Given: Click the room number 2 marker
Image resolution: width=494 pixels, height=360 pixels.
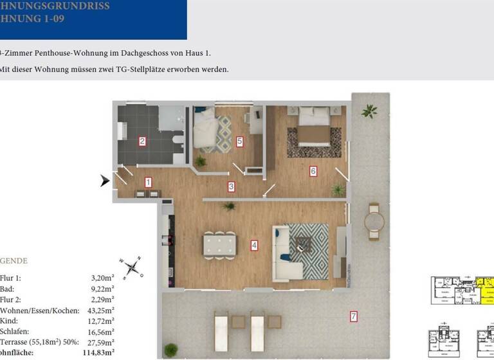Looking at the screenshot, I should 143,141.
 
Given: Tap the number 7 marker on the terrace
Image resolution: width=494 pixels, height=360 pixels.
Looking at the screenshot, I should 352,316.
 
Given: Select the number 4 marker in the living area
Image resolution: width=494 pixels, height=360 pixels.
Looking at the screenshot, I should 255,245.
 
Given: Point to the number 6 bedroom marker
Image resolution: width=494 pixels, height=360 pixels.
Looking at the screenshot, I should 313,171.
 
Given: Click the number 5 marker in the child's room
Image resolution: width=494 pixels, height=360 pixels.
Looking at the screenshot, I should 239,141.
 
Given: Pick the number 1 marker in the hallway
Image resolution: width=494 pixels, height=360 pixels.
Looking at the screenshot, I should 149,182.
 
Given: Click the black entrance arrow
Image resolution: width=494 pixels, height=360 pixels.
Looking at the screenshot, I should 105,182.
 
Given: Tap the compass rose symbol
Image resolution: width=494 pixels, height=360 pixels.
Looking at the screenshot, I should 132,266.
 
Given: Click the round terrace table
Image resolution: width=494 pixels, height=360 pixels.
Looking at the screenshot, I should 374,222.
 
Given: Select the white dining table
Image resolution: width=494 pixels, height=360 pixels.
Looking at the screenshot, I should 219,244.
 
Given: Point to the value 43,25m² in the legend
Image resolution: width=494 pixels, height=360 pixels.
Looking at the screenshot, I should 101,310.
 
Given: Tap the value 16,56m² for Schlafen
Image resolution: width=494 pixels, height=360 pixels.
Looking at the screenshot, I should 101,332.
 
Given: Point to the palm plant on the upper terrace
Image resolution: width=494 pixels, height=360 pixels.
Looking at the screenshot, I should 369,112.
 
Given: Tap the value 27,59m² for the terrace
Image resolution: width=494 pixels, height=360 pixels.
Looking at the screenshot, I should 101,343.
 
